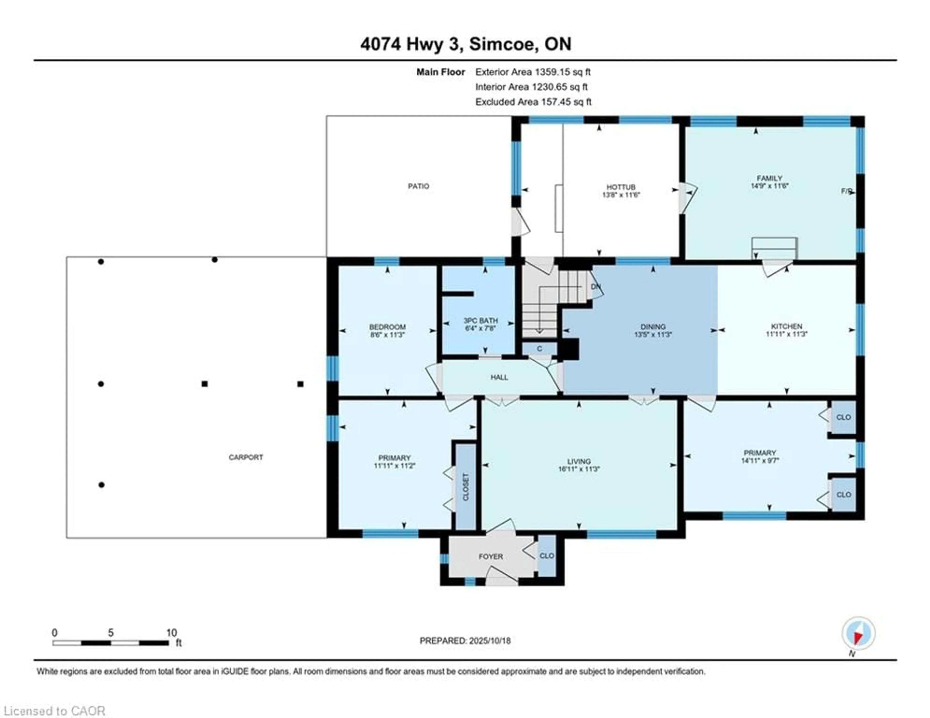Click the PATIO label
point(418,186)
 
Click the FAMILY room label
point(769,178)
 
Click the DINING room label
point(653,327)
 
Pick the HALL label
point(499,377)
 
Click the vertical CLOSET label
point(465,487)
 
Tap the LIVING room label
point(579,461)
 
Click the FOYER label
point(490,557)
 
